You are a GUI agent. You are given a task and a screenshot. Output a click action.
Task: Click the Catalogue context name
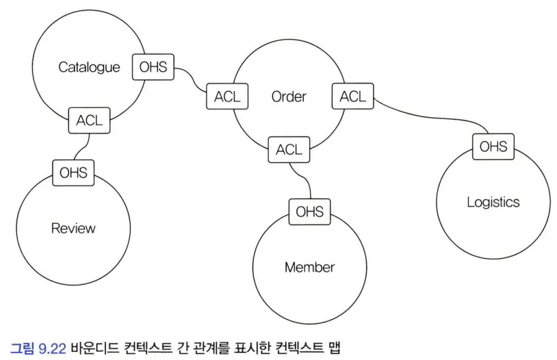coord(89,67)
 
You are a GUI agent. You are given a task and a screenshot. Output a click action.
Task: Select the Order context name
coord(289,97)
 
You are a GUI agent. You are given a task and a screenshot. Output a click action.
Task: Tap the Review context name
coord(73,228)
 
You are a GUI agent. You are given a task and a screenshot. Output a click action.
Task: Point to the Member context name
coord(309,267)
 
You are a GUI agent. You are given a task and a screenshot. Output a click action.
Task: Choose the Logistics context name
coord(493,202)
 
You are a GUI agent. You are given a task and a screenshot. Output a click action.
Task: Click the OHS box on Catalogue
coord(153,67)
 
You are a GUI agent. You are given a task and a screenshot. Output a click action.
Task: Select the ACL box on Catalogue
coord(89,120)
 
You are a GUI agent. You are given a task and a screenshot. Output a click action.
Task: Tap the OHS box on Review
coord(73,172)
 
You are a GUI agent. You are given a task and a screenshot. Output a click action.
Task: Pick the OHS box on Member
coord(309,211)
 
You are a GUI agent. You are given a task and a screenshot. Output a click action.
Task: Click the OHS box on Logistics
coord(493,146)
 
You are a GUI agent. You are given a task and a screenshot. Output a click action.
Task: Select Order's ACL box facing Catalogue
coord(227,97)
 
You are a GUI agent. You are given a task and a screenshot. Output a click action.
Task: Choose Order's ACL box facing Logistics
coord(352,97)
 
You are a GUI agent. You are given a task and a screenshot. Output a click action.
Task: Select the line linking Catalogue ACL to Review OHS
coord(81,146)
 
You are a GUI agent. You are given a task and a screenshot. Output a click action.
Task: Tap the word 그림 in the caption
coord(21,347)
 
